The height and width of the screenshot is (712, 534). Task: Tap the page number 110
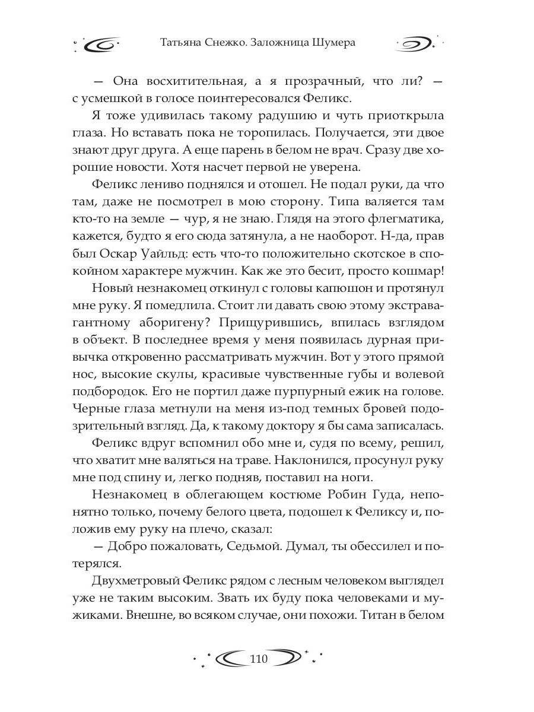point(259,658)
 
